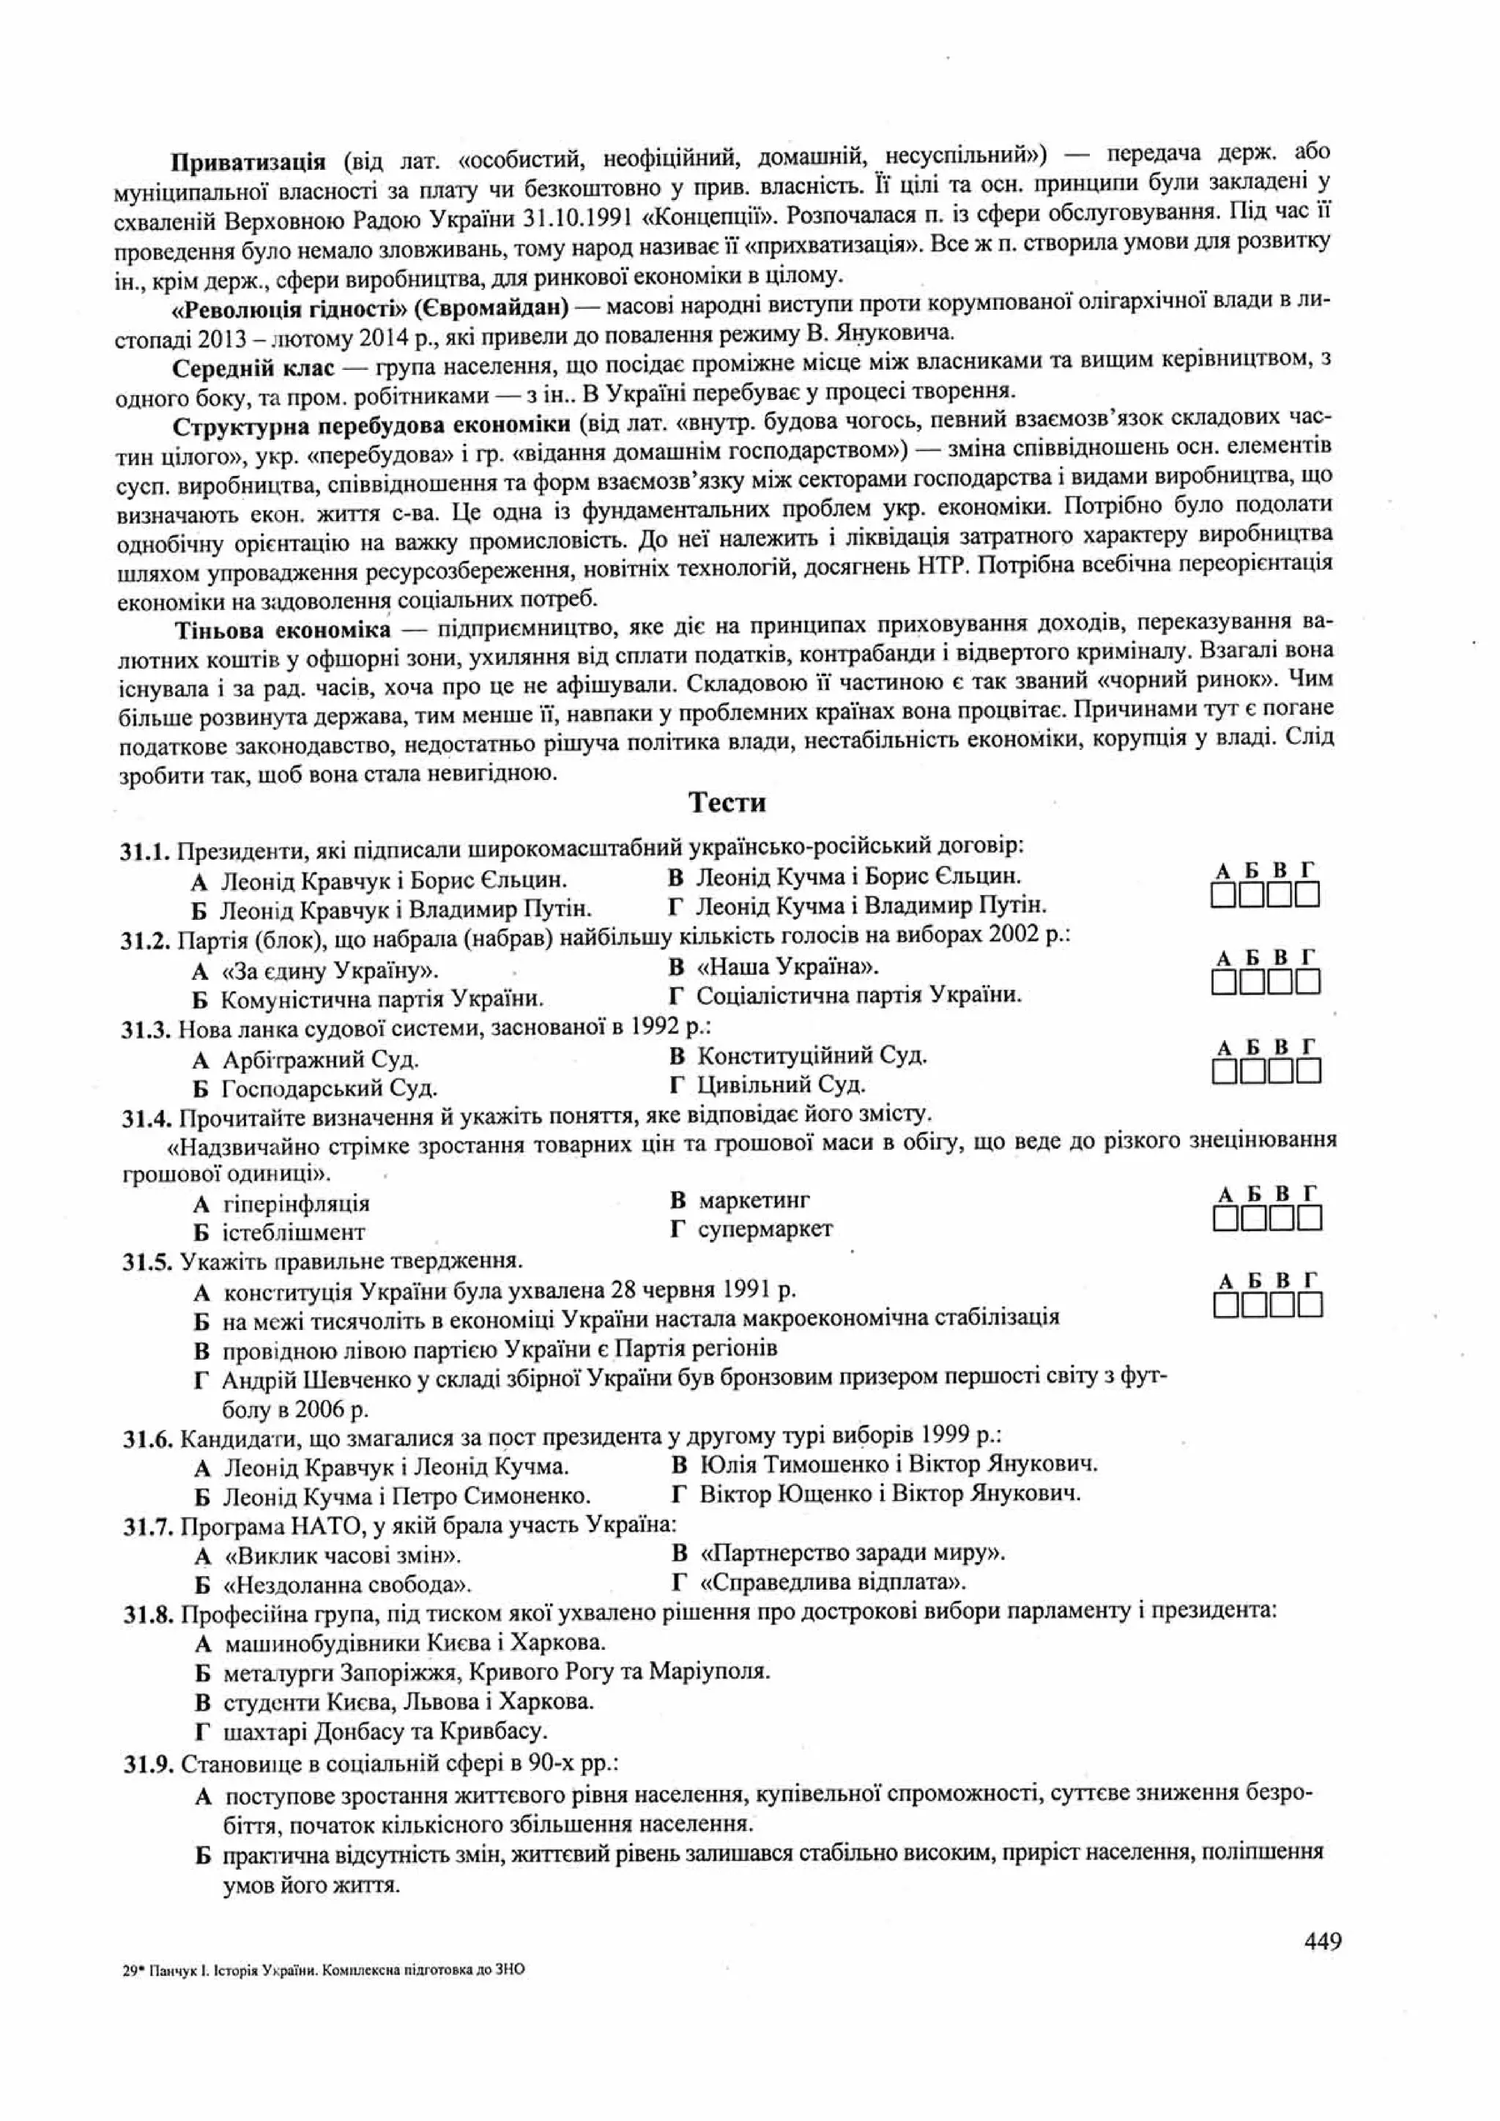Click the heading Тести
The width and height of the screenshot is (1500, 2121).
(x=727, y=803)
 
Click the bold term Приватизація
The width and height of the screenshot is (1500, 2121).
(x=248, y=163)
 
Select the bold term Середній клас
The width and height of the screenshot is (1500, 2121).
(x=253, y=368)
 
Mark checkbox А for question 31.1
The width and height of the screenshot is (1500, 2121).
(x=1223, y=895)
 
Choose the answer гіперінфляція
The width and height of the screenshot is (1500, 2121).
(x=296, y=1204)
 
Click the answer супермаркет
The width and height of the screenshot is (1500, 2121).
(x=765, y=1229)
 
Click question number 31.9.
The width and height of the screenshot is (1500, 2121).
(x=149, y=1764)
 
